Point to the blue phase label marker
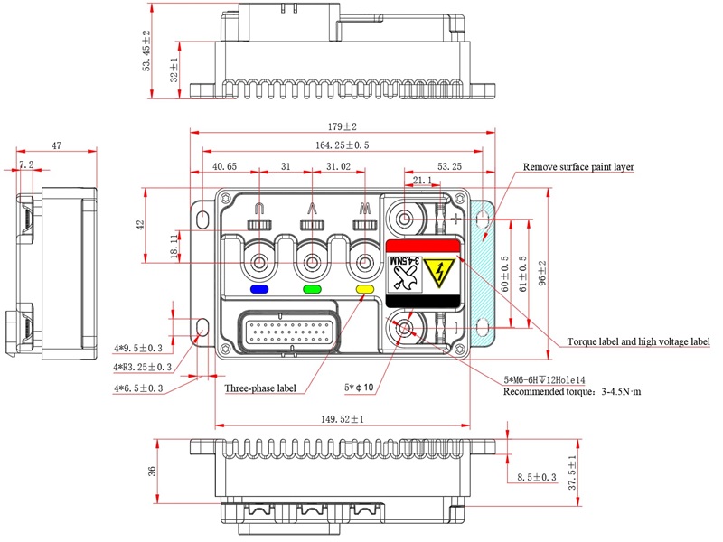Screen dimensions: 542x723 pyautogui.click(x=260, y=290)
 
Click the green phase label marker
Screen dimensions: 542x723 pyautogui.click(x=313, y=290)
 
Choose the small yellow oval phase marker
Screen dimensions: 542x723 pyautogui.click(x=365, y=290)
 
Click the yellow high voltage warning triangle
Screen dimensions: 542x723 pyautogui.click(x=443, y=272)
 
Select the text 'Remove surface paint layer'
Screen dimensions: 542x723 pyautogui.click(x=578, y=167)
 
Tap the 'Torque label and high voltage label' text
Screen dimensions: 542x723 pyautogui.click(x=638, y=342)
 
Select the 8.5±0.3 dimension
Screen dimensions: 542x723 pyautogui.click(x=537, y=477)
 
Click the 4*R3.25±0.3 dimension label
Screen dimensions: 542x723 pyautogui.click(x=138, y=367)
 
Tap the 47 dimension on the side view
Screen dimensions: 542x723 pyautogui.click(x=56, y=145)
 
